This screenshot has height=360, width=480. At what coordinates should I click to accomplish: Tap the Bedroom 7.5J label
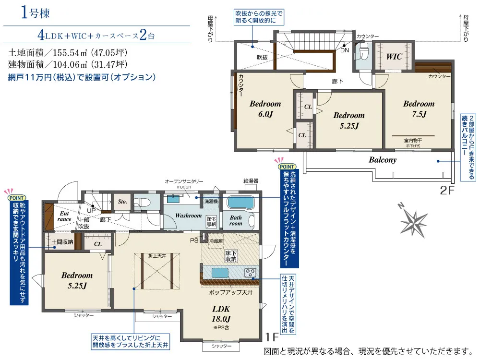(x=419, y=108)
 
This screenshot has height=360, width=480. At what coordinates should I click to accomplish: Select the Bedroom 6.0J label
(x=265, y=108)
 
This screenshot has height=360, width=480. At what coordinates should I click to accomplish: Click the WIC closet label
(x=395, y=57)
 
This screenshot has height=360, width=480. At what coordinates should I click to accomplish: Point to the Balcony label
(x=383, y=160)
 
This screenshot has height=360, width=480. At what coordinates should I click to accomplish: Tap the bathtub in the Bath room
(x=242, y=203)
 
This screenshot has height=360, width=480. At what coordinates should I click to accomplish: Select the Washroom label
(x=188, y=216)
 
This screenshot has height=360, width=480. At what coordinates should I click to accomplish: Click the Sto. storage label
(x=122, y=202)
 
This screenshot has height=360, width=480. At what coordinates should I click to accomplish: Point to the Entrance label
(x=65, y=216)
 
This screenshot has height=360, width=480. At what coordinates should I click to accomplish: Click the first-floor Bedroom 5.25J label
(x=77, y=280)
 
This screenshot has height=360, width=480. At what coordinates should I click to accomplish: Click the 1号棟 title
(x=36, y=13)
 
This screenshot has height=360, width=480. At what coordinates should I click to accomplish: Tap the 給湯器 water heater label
(x=251, y=181)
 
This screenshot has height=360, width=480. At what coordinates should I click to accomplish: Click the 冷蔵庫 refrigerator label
(x=216, y=241)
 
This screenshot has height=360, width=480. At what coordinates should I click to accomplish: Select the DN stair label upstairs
(x=345, y=50)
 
